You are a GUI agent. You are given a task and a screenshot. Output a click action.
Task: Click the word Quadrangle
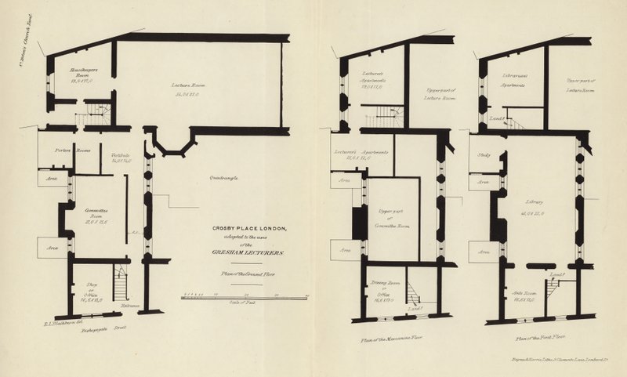click(x=223, y=179)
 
